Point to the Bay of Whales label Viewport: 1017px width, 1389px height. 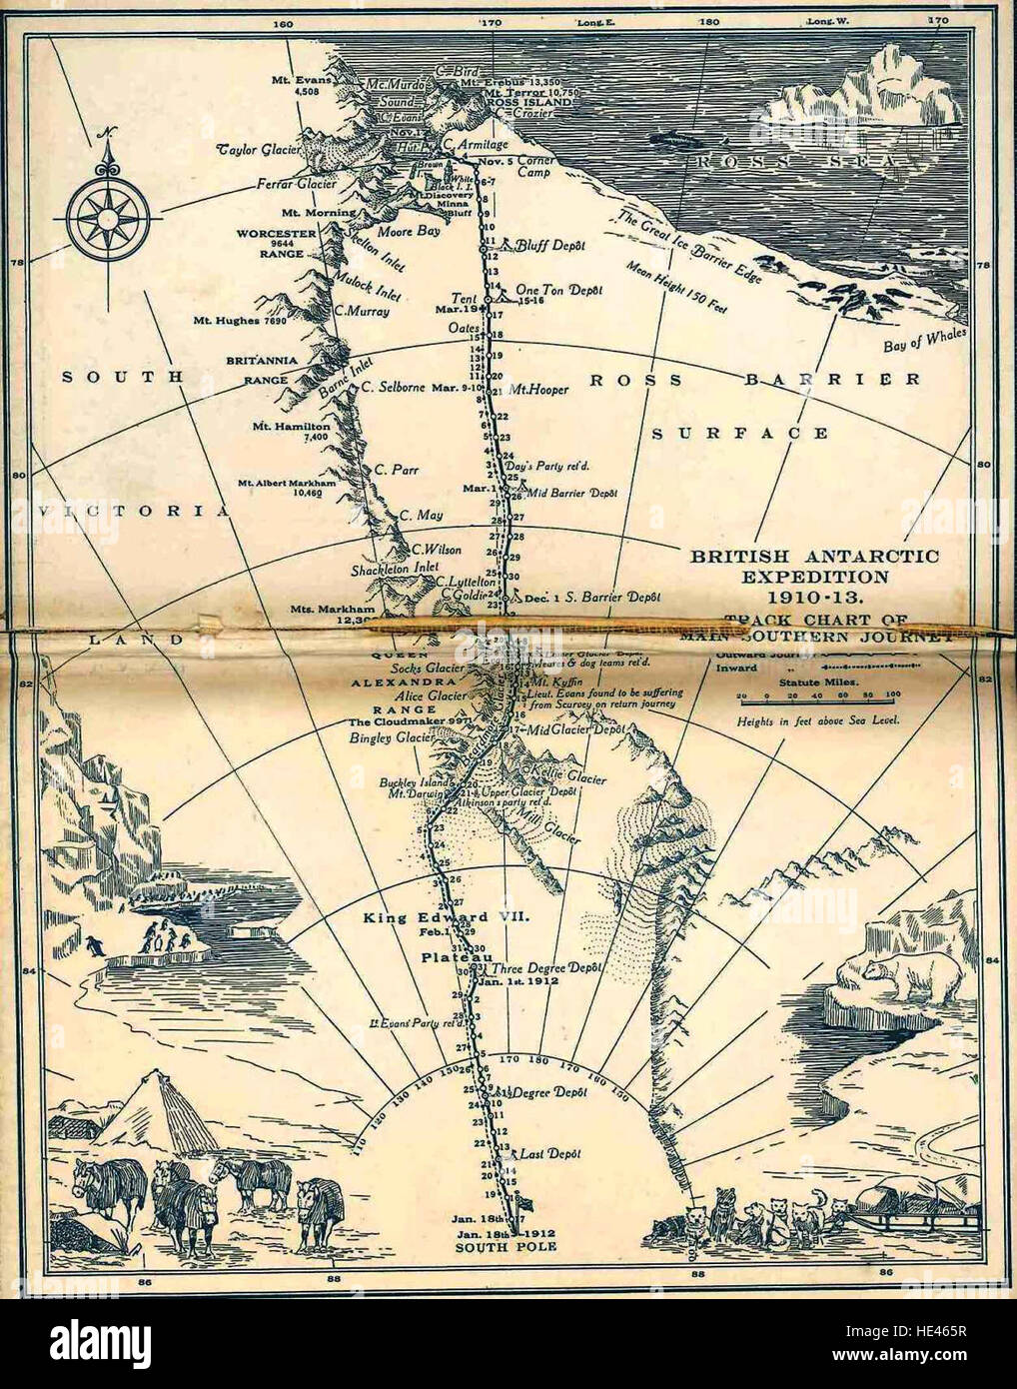tap(924, 341)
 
